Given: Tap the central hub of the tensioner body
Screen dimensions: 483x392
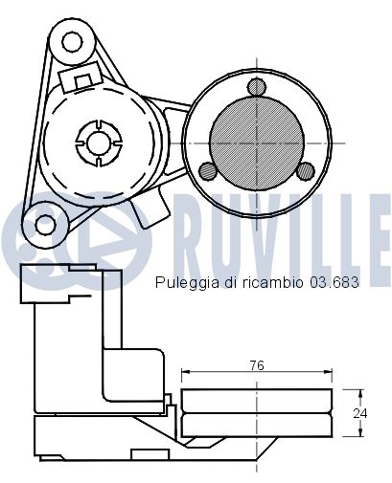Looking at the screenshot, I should (97, 141).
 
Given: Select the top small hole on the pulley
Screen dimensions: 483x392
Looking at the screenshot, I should (256, 88).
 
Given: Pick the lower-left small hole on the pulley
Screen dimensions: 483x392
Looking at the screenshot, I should (207, 171).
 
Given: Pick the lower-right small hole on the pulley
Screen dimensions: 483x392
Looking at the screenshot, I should (305, 171).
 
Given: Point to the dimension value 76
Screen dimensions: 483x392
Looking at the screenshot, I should (257, 364).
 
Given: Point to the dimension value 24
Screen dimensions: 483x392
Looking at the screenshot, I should (357, 413).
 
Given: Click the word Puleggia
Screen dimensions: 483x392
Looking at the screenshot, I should (180, 284).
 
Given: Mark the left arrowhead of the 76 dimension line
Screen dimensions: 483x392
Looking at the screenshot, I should (185, 372).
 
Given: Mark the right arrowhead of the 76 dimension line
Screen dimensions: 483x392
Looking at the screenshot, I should (329, 372).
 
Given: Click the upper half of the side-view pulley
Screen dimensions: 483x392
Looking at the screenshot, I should (257, 400).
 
